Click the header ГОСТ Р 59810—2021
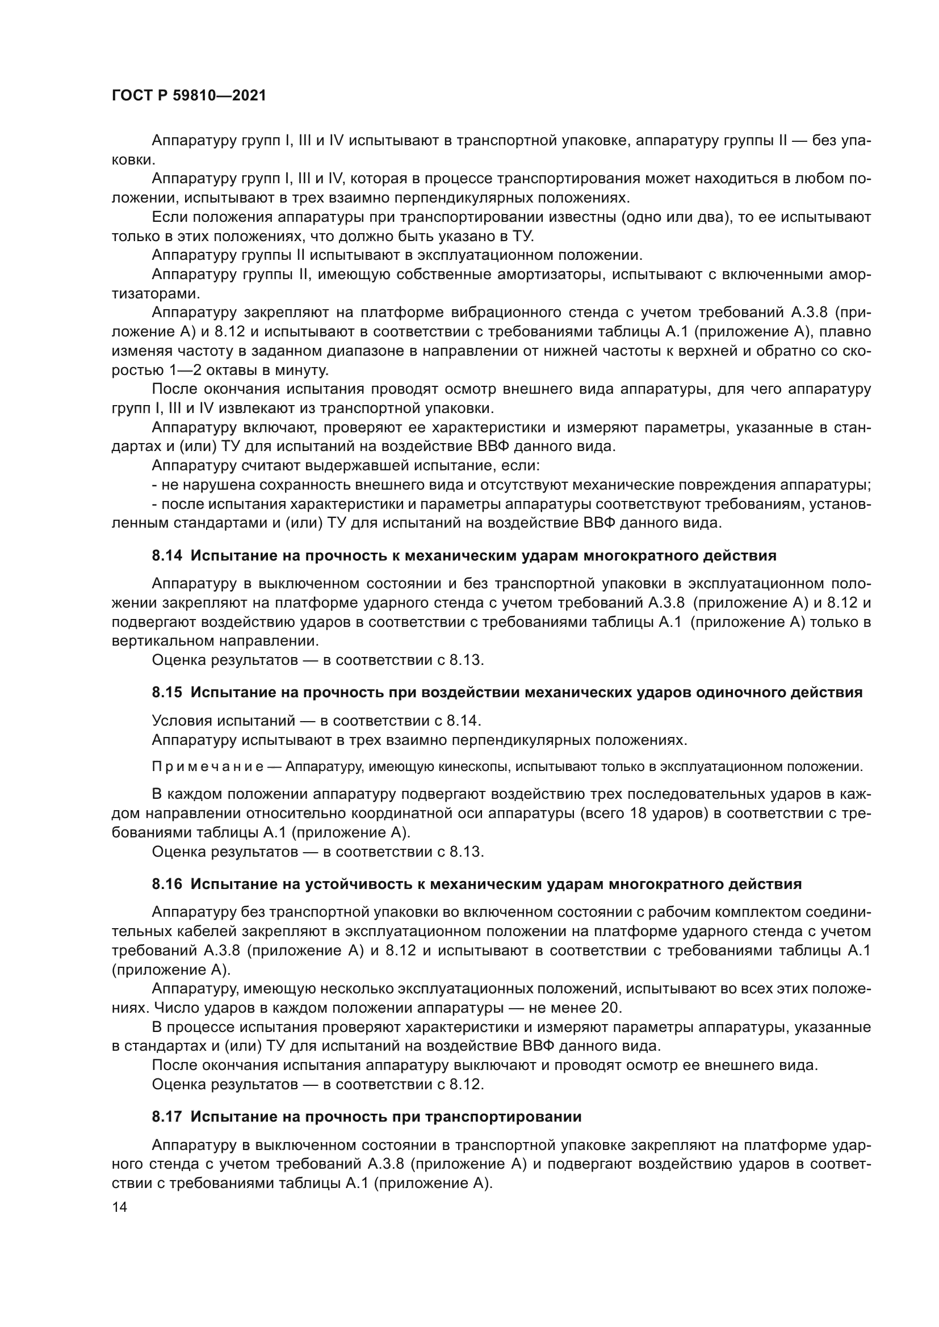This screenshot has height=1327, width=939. click(189, 96)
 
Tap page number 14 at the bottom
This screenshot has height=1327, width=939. click(120, 1207)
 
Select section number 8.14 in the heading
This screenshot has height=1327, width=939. click(167, 556)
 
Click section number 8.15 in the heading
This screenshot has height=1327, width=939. click(167, 692)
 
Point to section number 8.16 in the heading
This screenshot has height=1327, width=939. click(167, 900)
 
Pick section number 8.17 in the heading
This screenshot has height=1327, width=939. click(167, 1117)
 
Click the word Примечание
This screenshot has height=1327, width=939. click(208, 767)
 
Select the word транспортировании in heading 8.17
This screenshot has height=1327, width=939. click(503, 1117)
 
